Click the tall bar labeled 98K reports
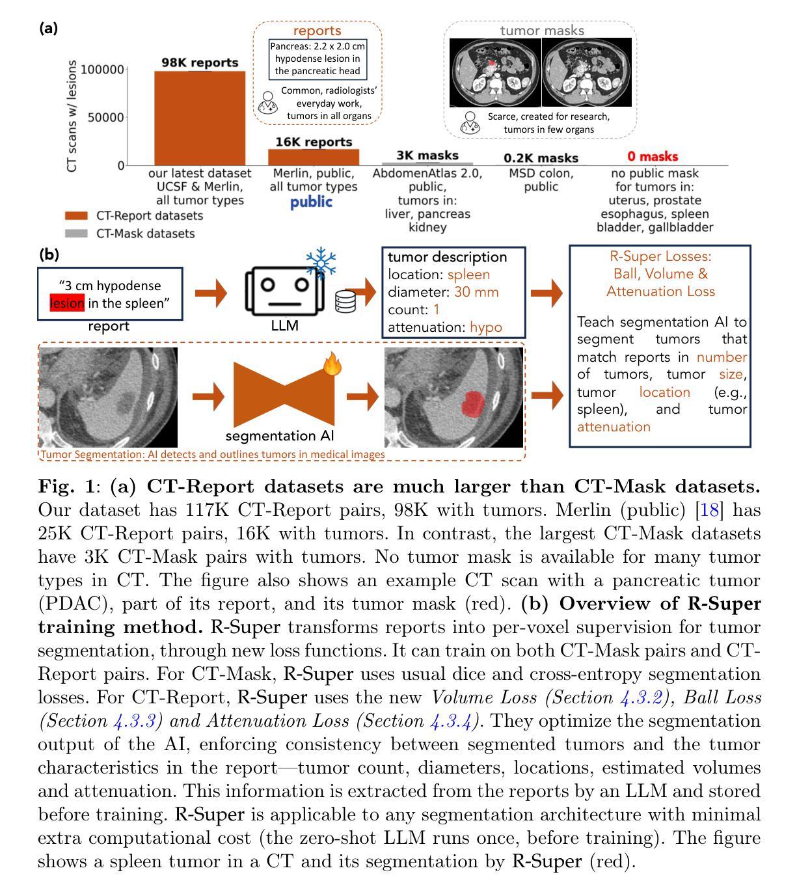click(200, 118)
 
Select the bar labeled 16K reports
click(314, 157)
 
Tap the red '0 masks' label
click(653, 157)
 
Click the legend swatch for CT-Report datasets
click(76, 216)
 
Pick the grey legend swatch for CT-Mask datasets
click(76, 233)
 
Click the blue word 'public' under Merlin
click(311, 202)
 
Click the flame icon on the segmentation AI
click(332, 365)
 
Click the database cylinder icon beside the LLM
click(345, 302)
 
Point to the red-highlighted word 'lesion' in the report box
click(68, 303)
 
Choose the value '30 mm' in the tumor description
click(476, 292)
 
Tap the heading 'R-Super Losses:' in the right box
click(660, 256)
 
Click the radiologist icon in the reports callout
click(267, 102)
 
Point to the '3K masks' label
click(427, 155)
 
